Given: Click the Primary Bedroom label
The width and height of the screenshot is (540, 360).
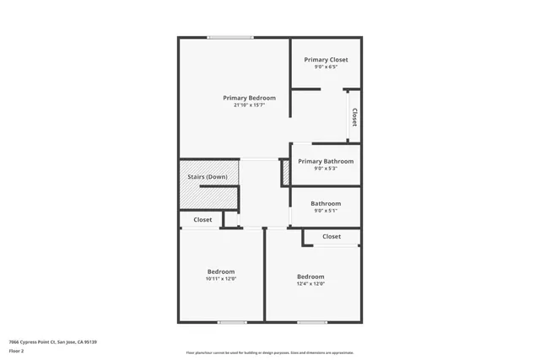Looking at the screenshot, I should point(249,98).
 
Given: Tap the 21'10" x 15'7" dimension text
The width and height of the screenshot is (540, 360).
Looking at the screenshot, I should point(249,105).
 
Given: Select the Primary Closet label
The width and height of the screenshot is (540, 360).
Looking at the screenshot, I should point(326,60).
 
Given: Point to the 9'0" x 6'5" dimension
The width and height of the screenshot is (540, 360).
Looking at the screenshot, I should point(326,67).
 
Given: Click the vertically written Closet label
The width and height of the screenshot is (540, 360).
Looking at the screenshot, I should point(354,117).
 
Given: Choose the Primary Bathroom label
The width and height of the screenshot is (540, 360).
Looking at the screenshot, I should point(326,161).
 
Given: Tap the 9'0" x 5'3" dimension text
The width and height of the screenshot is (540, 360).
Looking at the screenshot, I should point(326,169).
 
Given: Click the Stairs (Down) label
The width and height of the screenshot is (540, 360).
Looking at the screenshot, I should point(207,177).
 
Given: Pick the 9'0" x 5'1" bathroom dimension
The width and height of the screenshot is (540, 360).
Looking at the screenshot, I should point(326,211).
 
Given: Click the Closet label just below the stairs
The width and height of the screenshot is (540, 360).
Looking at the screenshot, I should point(202,219).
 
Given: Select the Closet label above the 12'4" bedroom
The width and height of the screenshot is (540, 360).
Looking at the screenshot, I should point(332,237).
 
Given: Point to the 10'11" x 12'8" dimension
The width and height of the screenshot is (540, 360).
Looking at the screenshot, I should point(221,279).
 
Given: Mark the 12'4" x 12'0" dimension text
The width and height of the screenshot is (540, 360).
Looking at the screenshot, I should point(310,284).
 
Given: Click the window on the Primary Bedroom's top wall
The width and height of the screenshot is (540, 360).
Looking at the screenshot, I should point(230,37).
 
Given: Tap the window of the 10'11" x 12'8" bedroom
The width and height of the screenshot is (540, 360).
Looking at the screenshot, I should point(232,322).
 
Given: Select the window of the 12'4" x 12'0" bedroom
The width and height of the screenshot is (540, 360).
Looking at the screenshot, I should point(312,322).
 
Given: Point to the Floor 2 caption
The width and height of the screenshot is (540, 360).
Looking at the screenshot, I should point(17,350).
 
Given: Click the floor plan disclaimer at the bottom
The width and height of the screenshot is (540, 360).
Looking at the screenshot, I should point(270,353).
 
